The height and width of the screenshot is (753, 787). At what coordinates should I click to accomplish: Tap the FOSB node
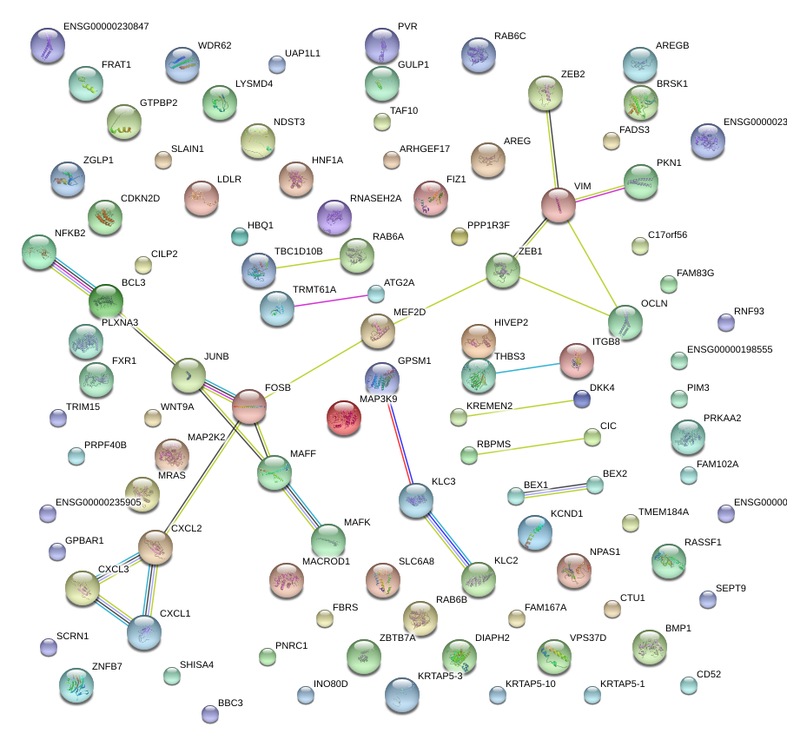pos(249,406)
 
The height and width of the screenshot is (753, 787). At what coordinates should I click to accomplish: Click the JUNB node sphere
pos(188,375)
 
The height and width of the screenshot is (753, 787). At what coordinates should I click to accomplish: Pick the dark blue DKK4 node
pos(581,399)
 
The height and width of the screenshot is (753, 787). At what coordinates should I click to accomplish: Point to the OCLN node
pos(625,321)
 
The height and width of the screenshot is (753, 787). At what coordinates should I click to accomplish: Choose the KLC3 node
pos(416,500)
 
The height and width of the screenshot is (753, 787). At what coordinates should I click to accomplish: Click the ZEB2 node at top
pos(547,94)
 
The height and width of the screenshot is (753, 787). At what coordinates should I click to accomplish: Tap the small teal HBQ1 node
pos(240,235)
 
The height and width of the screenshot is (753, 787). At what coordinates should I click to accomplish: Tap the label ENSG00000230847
pos(106,27)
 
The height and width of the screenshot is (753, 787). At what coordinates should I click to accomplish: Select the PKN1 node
pos(641,182)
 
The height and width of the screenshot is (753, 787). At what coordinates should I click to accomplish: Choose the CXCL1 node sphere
pos(143,633)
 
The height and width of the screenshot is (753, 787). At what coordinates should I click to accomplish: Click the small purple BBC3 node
pos(209,714)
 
